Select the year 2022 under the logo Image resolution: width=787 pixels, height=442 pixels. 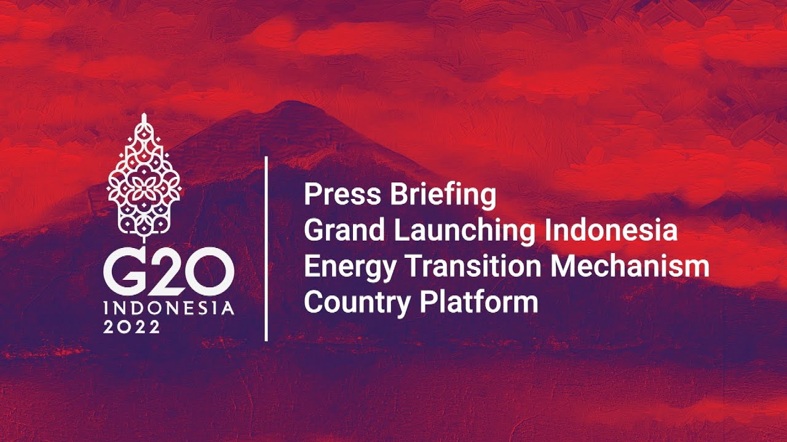(x=132, y=327)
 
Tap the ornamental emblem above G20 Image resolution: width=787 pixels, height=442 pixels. (x=144, y=178)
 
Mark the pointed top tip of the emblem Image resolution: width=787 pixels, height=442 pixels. (x=144, y=115)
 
